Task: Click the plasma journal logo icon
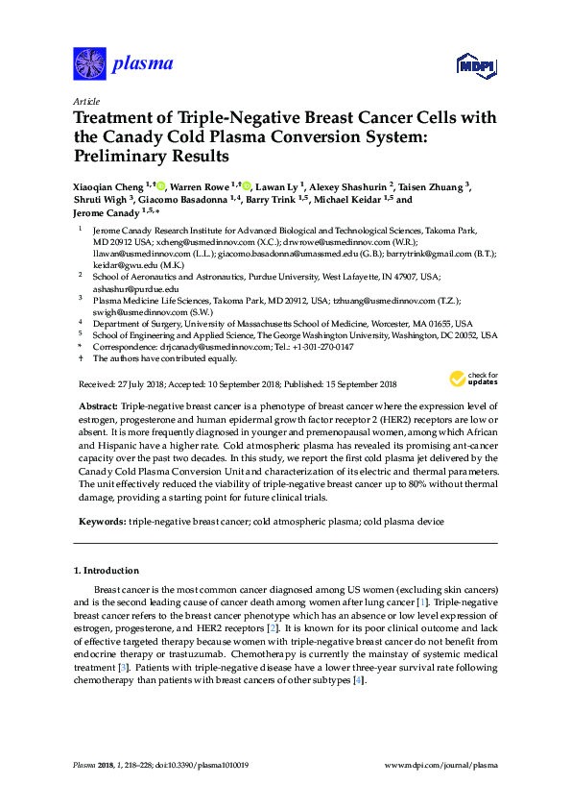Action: (x=89, y=63)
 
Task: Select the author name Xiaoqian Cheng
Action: (x=107, y=186)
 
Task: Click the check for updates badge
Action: (x=474, y=380)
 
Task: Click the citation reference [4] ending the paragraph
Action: (x=358, y=679)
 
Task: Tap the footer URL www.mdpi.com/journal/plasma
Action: (x=440, y=766)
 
